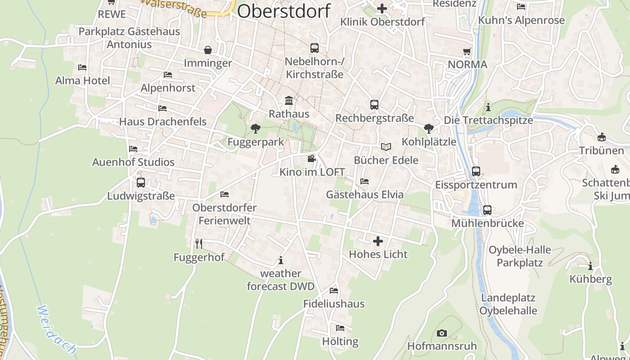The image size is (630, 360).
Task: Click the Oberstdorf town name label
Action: point(283,11)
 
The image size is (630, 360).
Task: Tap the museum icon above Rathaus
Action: point(289,100)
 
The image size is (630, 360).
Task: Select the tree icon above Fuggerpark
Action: point(256,129)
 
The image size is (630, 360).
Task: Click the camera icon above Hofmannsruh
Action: point(442,333)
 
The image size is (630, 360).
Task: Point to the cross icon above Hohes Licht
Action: point(378,241)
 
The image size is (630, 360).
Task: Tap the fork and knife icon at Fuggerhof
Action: point(199,244)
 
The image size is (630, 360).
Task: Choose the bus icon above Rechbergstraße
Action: point(374,105)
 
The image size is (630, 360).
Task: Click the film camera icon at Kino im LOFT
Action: point(311,158)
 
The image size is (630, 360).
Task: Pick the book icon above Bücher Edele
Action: point(386,147)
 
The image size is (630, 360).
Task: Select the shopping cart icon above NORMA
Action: point(467,51)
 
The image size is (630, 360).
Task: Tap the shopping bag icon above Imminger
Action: point(208,49)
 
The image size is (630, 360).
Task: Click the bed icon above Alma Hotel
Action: point(82,67)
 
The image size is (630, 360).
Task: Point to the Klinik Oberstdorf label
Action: point(382,22)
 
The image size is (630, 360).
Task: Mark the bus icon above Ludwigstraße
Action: point(141,183)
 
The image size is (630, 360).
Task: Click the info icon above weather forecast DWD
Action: point(281,260)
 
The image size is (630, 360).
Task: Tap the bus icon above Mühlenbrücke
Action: point(487,210)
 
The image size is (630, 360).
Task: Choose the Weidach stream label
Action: point(56,330)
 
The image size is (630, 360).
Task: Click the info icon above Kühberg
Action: point(590,266)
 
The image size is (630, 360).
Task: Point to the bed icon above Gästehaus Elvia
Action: point(364,181)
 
